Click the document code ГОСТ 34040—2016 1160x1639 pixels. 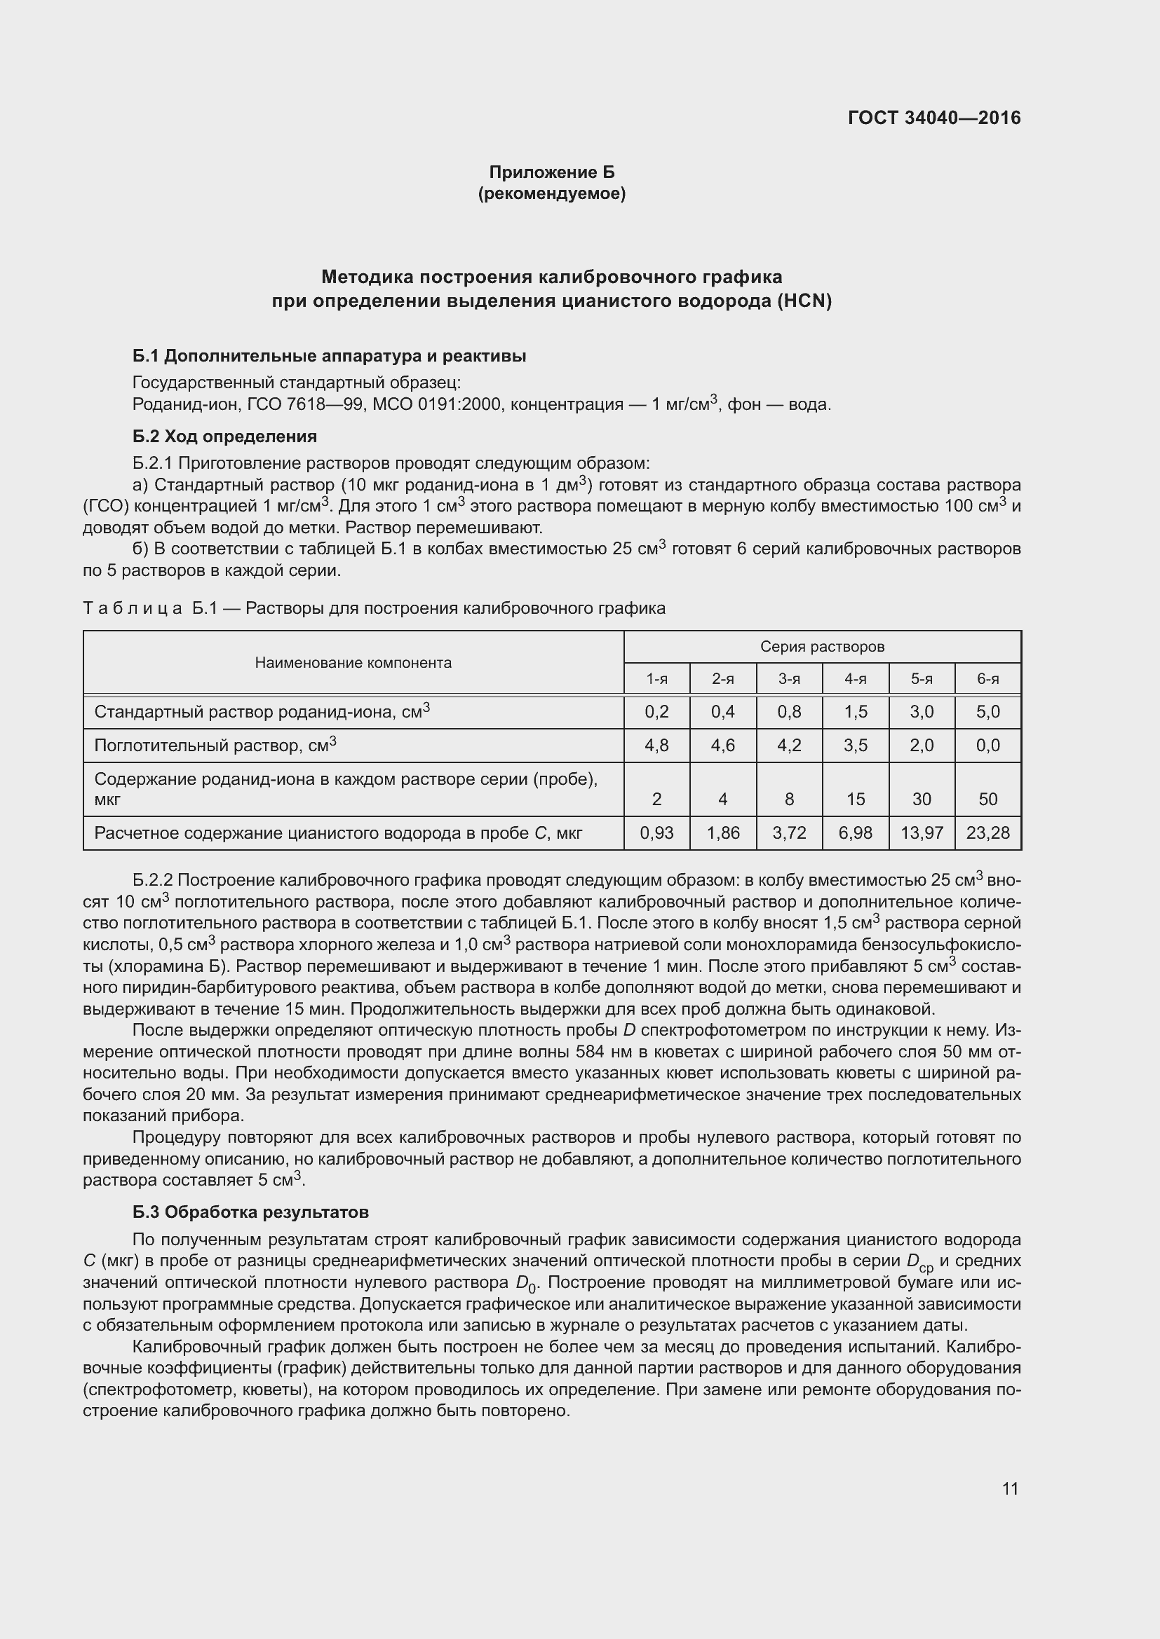click(933, 118)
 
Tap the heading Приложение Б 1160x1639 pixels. click(551, 172)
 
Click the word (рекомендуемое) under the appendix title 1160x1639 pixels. click(551, 193)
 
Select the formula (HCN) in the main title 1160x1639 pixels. click(805, 301)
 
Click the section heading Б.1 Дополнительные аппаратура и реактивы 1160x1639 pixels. click(330, 355)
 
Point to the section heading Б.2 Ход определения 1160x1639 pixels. click(225, 436)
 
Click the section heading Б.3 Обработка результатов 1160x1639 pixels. click(250, 1212)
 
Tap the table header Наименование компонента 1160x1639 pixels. click(353, 662)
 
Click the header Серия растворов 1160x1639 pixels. click(822, 647)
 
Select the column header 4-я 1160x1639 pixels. click(855, 679)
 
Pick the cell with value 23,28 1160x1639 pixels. click(988, 832)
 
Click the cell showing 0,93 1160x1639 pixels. click(656, 832)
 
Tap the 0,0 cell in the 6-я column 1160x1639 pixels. click(988, 746)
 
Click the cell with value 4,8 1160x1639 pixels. click(656, 746)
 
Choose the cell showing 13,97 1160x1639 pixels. click(922, 832)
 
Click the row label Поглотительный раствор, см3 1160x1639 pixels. click(215, 746)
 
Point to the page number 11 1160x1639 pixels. click(1009, 1488)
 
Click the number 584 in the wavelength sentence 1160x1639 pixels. click(590, 1052)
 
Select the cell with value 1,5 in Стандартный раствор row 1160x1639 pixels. click(855, 712)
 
